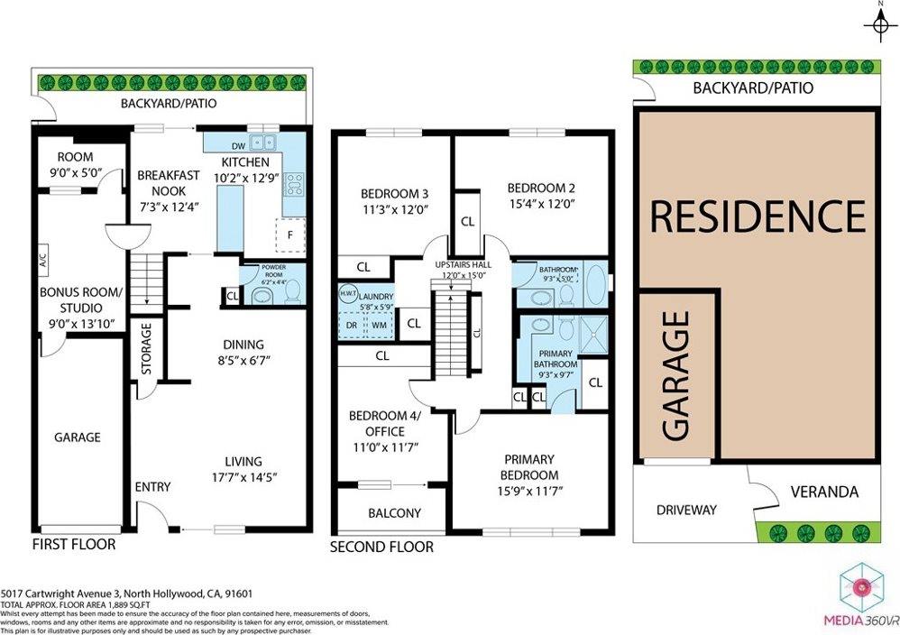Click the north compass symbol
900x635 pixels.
(x=878, y=25)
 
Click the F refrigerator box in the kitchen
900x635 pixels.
(x=289, y=235)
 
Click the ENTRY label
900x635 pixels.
(x=152, y=487)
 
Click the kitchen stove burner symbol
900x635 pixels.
(x=294, y=185)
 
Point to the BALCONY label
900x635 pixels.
(x=394, y=513)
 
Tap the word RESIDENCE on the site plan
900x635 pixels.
(x=758, y=217)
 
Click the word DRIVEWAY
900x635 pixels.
(x=686, y=511)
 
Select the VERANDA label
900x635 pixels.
(x=823, y=492)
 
